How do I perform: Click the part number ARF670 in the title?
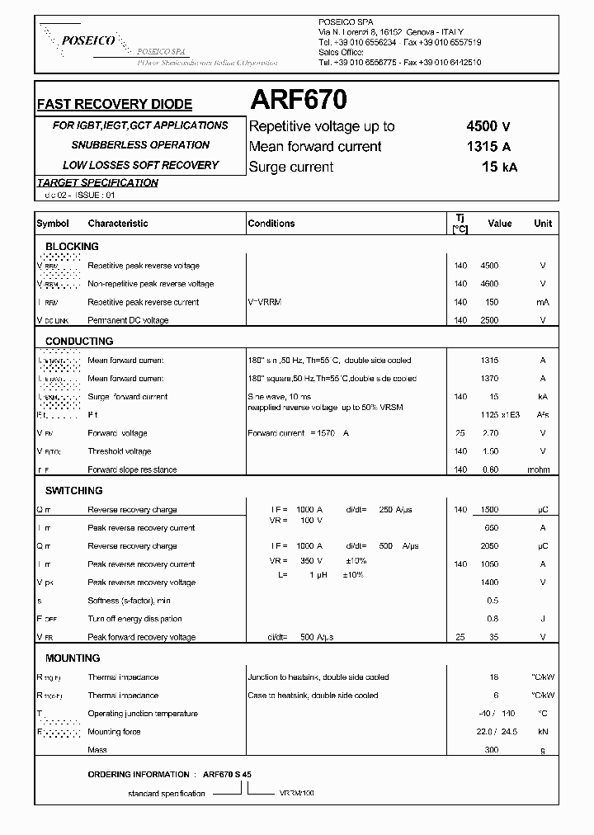pyautogui.click(x=298, y=101)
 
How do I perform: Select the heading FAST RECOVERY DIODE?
pyautogui.click(x=115, y=105)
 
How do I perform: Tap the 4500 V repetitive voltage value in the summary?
pyautogui.click(x=488, y=126)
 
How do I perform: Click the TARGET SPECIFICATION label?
pyautogui.click(x=97, y=182)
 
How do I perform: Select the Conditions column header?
pyautogui.click(x=271, y=224)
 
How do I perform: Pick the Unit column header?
pyautogui.click(x=543, y=224)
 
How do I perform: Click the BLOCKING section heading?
pyautogui.click(x=72, y=247)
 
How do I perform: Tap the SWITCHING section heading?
pyautogui.click(x=74, y=491)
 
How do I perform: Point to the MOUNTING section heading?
pyautogui.click(x=73, y=658)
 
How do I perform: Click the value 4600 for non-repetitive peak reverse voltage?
pyautogui.click(x=489, y=284)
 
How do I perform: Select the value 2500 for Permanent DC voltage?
pyautogui.click(x=489, y=320)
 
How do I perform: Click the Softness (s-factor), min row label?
pyautogui.click(x=129, y=601)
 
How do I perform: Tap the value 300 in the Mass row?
pyautogui.click(x=493, y=750)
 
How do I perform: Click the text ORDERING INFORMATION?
pyautogui.click(x=139, y=775)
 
